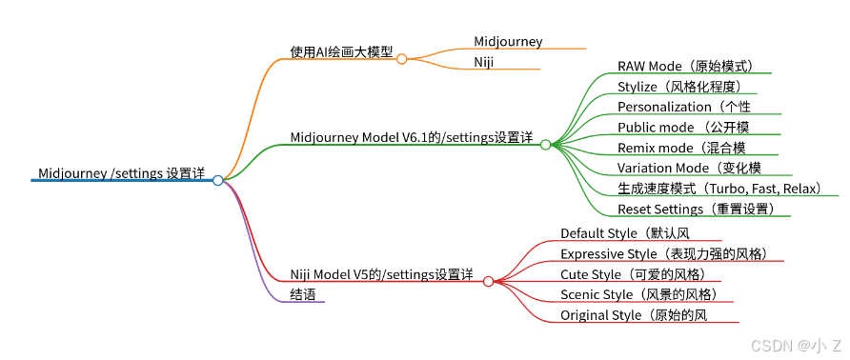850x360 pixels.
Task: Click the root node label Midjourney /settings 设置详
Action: point(121,173)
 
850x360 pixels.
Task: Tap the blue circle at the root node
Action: point(218,181)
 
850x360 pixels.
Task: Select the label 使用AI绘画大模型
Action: point(341,51)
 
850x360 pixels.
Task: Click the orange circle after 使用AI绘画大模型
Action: point(402,59)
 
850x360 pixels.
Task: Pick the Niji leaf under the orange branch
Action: point(483,63)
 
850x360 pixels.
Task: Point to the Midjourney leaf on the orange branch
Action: point(508,42)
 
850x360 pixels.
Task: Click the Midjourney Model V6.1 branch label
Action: point(412,138)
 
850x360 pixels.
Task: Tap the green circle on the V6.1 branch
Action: point(545,144)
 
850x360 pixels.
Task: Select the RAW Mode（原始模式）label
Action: point(686,66)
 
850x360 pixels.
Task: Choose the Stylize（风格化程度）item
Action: point(679,87)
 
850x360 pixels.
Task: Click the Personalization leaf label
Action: point(684,107)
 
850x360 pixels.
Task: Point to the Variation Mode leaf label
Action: point(689,168)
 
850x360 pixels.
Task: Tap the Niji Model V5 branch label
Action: point(381,275)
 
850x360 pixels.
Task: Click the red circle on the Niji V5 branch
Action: point(488,281)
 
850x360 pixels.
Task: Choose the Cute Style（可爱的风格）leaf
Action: point(633,274)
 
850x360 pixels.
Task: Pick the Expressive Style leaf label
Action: point(664,253)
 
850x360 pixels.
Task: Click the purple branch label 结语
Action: point(302,294)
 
